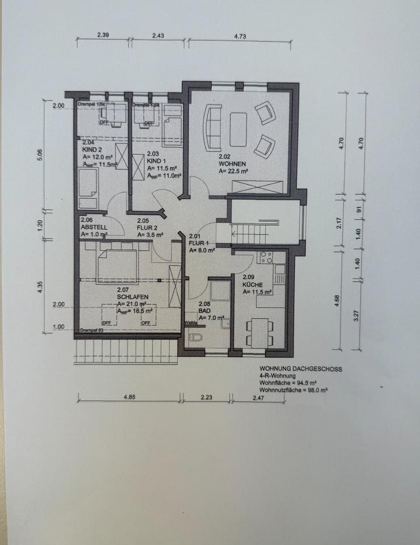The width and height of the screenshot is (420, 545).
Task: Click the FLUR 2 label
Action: [x=147, y=227]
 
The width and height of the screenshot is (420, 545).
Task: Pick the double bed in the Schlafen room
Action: [x=118, y=262]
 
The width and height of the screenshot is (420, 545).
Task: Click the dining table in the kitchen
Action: [x=258, y=329]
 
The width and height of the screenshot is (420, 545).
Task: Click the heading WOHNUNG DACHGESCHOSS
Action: [x=300, y=369]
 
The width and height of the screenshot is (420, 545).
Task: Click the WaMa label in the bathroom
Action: [x=191, y=323]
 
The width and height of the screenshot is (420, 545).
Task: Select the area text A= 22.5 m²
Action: [x=233, y=170]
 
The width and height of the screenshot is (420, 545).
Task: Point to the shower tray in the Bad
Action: [x=219, y=291]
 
